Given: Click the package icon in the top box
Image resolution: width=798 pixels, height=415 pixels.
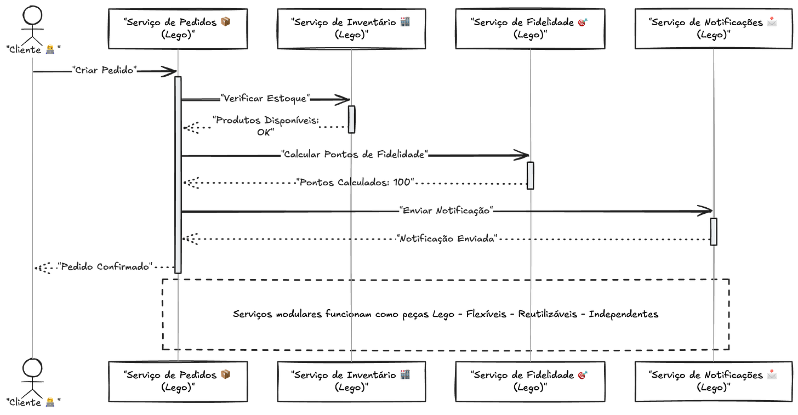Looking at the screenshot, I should pyautogui.click(x=225, y=22).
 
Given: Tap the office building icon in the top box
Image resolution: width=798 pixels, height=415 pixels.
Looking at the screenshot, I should pyautogui.click(x=404, y=22).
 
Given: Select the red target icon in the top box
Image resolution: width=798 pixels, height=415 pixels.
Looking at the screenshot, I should pyautogui.click(x=583, y=22).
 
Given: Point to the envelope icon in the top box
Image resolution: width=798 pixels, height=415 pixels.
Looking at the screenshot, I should pyautogui.click(x=772, y=22).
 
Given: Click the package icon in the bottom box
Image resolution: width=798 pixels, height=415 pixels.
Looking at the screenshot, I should pyautogui.click(x=225, y=374).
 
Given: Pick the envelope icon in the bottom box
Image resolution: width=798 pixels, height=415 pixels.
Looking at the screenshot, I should pyautogui.click(x=772, y=374).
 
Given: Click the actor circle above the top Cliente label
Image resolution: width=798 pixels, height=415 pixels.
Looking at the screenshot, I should pyautogui.click(x=32, y=15).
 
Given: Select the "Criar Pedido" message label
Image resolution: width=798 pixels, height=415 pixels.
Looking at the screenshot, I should pyautogui.click(x=104, y=71).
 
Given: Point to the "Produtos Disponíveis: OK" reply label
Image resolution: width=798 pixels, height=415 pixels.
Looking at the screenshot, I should pyautogui.click(x=266, y=126).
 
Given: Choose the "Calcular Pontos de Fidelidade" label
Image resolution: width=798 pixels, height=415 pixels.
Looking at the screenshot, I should pyautogui.click(x=354, y=155).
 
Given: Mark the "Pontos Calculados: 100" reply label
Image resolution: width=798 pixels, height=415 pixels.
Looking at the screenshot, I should pyautogui.click(x=356, y=183).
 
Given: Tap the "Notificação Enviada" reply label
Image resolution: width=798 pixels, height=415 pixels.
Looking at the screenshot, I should pyautogui.click(x=446, y=239).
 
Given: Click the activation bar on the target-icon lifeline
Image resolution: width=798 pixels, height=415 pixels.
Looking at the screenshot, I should pyautogui.click(x=530, y=175).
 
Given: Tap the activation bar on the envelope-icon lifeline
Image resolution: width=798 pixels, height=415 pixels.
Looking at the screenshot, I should pyautogui.click(x=713, y=231).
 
